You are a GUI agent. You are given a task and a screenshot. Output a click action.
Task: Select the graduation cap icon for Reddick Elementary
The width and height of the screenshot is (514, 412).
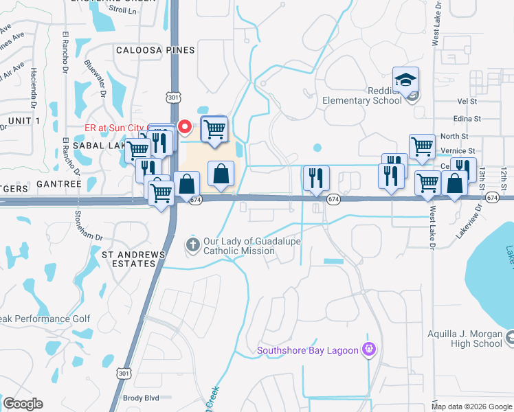coord(406,80)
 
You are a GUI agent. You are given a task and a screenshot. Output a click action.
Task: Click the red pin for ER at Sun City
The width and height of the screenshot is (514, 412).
coord(184,126)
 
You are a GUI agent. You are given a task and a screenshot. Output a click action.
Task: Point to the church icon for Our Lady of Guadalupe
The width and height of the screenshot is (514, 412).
coord(194,244)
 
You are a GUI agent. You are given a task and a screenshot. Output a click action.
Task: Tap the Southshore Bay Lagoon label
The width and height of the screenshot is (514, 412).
coord(308,351)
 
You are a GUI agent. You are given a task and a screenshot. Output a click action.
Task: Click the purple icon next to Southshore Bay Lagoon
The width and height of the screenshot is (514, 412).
coord(369,350)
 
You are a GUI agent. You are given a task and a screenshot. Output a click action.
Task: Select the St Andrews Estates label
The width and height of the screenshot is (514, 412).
coord(133,259)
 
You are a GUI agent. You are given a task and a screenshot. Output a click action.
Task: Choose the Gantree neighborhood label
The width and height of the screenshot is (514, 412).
coord(60,184)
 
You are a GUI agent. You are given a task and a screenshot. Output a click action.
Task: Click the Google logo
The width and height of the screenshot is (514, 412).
coord(23,404)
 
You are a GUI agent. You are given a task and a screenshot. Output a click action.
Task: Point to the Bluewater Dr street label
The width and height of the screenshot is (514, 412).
coord(96,75)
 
